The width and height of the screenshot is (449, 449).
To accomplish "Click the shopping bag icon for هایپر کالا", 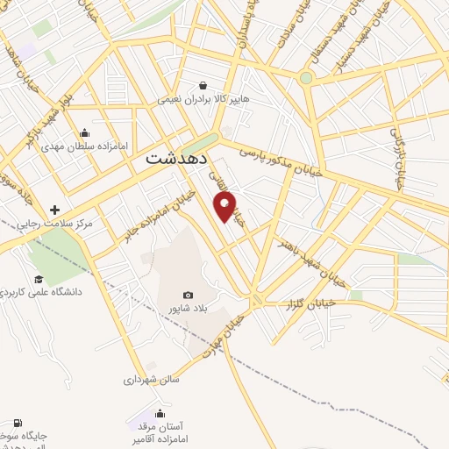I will pos(203,86).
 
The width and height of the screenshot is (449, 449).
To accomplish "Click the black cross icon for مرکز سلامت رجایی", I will pos(55,210).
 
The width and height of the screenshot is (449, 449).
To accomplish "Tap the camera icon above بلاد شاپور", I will pos(188,296).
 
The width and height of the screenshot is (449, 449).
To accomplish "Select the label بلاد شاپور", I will pos(188,310).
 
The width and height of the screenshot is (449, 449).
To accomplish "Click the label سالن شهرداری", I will pos(151,381).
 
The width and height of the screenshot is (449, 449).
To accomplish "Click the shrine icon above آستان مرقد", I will pos(160,413).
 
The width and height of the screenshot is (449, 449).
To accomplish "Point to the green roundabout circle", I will pos(305,78).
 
